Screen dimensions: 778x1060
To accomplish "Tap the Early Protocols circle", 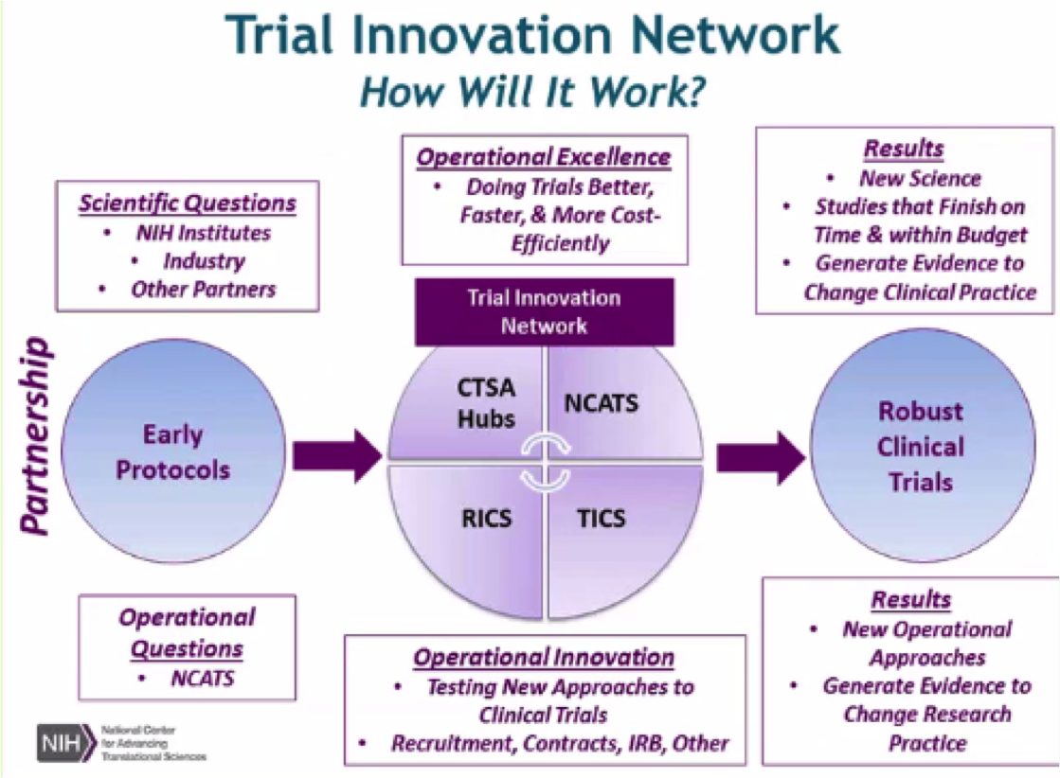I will click(173, 452).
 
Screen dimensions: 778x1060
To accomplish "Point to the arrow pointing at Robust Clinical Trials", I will click(759, 457).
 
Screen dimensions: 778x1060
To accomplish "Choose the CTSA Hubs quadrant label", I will click(487, 402).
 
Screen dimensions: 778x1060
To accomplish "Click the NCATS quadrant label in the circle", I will click(602, 403).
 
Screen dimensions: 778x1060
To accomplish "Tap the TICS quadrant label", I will click(602, 519).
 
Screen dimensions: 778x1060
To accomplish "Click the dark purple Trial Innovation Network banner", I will click(545, 311).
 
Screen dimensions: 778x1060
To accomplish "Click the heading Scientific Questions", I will click(188, 203).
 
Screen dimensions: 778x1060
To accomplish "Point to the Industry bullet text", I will click(203, 260).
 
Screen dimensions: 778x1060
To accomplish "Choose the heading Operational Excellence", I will click(544, 157).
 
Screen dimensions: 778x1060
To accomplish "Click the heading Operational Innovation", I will click(544, 658).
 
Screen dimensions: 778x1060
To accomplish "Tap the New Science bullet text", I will click(920, 178).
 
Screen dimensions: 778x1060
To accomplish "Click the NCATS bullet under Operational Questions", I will click(203, 678).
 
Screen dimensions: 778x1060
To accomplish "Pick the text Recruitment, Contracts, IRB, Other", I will click(560, 743).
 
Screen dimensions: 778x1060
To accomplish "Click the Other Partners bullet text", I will click(203, 289).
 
